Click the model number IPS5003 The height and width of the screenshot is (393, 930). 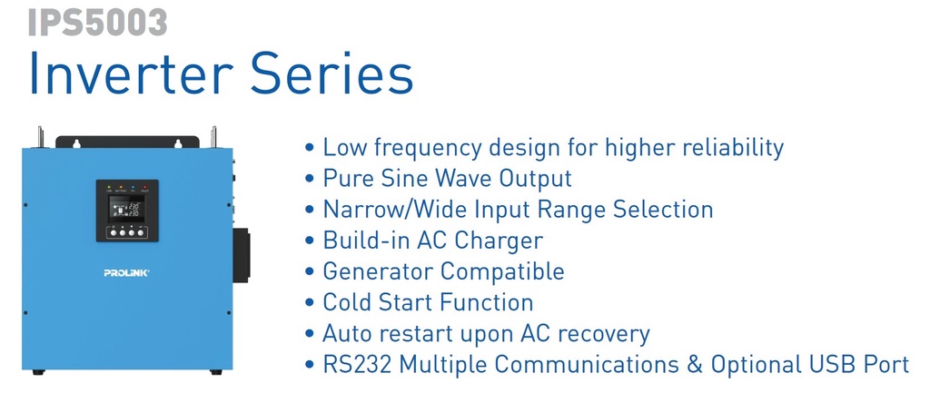pyautogui.click(x=97, y=22)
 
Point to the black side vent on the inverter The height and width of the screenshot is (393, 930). pyautogui.click(x=241, y=255)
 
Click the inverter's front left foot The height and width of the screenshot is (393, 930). pyautogui.click(x=38, y=372)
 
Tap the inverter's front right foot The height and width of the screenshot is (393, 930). pyautogui.click(x=216, y=372)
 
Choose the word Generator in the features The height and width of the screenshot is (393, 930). pyautogui.click(x=379, y=271)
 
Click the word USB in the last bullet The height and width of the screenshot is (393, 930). pyautogui.click(x=827, y=365)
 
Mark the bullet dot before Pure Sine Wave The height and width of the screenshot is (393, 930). pyautogui.click(x=311, y=179)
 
